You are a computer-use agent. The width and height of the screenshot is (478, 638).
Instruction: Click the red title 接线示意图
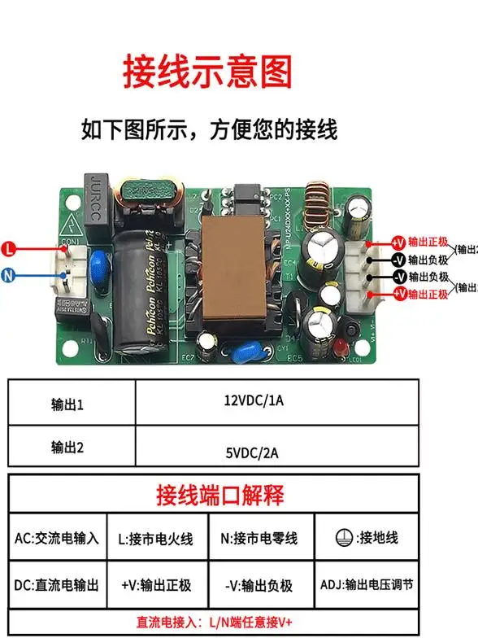tap(206, 72)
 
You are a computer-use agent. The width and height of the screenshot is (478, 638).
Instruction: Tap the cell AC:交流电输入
tap(57, 538)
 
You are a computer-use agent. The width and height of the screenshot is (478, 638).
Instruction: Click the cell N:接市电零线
tap(259, 538)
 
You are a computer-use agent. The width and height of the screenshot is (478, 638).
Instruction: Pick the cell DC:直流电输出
tap(57, 584)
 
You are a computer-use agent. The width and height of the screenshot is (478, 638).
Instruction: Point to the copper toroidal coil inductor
tap(312, 203)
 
